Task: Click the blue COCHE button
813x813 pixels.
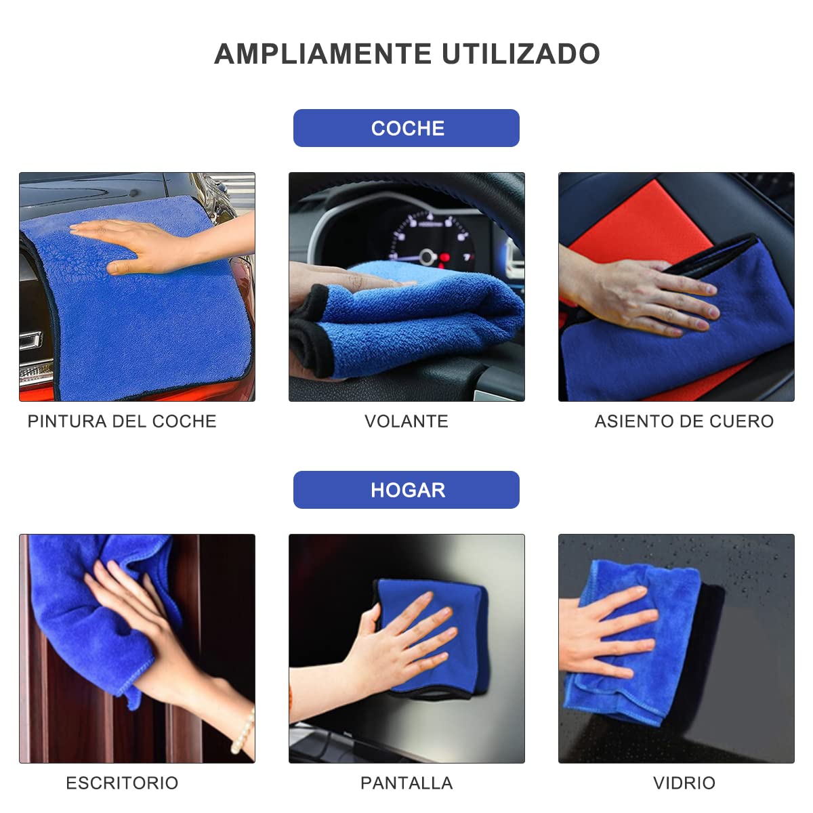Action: coord(406,128)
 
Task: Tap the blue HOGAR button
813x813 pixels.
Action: coord(406,490)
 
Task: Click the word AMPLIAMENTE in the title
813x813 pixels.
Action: coord(323,54)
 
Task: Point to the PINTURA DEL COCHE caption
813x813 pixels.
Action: coord(122,421)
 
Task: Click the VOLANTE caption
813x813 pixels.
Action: coord(406,421)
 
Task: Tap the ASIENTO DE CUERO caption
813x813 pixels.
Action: coord(684,421)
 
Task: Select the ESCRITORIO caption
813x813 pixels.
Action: coord(122,783)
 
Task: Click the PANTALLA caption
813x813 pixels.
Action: coord(406,783)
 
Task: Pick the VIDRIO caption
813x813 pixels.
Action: coord(684,783)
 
